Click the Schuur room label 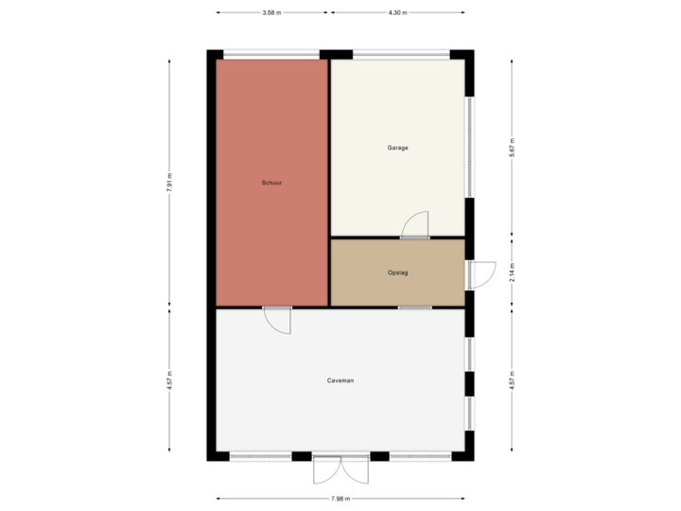point(272,182)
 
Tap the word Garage point(397,148)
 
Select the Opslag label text point(397,273)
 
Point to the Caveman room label point(340,380)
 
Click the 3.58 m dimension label point(271,13)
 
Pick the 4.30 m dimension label point(398,13)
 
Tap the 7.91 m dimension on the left point(169,182)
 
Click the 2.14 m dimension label point(512,273)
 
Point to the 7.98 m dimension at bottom point(340,499)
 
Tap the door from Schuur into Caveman point(276,319)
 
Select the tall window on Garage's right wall point(469,148)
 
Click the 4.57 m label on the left point(169,380)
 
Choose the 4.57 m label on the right point(512,380)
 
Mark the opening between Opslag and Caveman point(414,308)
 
